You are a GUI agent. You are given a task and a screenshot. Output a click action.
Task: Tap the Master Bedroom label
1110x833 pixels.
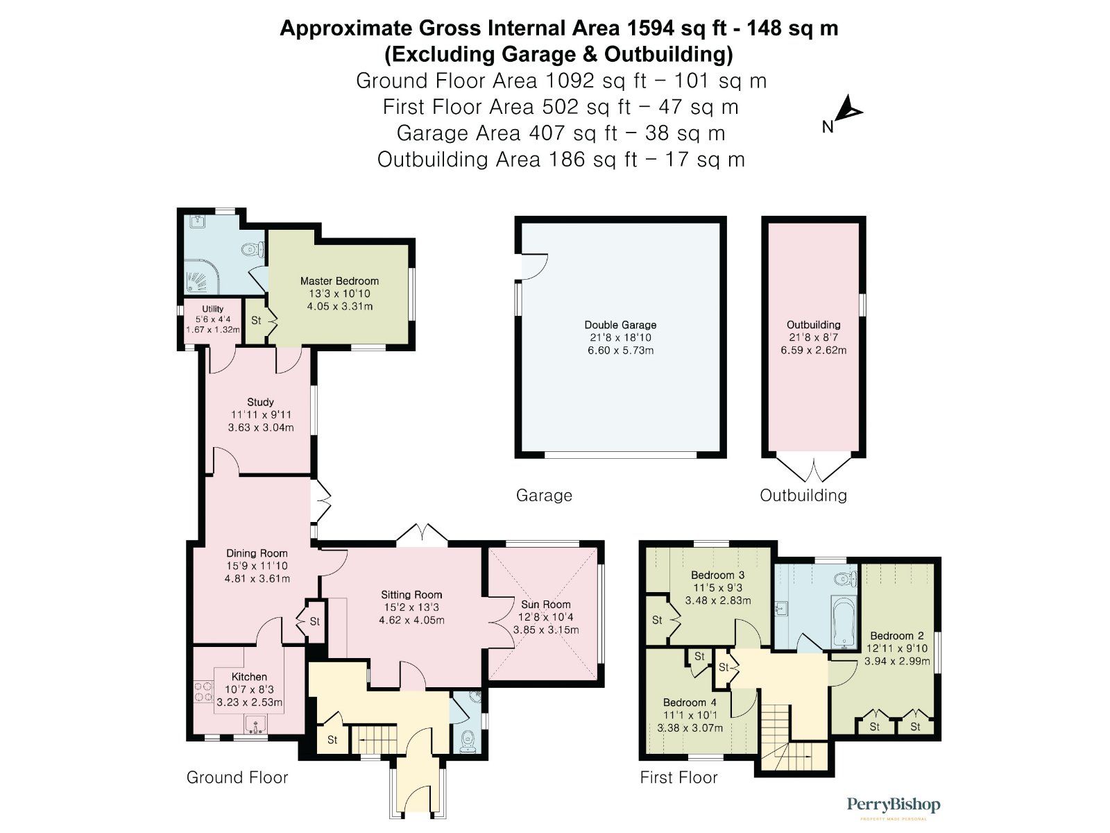339,281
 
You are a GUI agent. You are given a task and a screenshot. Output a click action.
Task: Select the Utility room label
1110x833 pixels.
213,309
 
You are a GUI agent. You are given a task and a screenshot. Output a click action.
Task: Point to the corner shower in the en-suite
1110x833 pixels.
197,278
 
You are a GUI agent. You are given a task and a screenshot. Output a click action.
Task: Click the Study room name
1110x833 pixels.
260,402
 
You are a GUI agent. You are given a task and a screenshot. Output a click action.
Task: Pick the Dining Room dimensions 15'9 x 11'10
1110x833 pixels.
257,566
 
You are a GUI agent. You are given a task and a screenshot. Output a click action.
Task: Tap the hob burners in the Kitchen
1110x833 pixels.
203,691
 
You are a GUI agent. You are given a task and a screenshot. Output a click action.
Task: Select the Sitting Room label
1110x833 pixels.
411,594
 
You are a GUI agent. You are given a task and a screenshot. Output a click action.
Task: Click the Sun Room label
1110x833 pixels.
546,604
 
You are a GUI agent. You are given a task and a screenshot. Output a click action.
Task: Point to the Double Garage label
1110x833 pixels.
620,324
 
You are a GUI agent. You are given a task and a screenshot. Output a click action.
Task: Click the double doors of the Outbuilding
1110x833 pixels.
814,470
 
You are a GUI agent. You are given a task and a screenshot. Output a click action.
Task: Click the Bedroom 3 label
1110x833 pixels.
717,575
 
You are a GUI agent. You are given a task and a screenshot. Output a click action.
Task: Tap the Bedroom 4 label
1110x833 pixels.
690,702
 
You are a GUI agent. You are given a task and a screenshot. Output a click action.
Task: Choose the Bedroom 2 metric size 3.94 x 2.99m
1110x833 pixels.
897,661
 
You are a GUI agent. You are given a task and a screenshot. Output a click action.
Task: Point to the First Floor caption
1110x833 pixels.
678,777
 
